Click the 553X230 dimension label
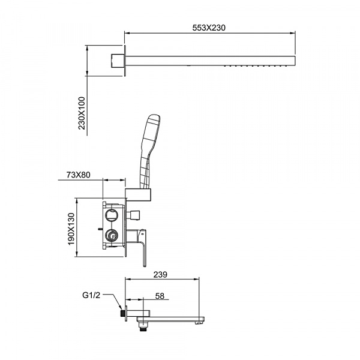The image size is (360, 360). coord(209,28)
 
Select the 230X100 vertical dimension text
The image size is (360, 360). coord(82,113)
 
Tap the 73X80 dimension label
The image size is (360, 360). coord(79,175)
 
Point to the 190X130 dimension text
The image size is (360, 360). coord(71,229)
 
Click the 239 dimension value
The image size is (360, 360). coord(160,274)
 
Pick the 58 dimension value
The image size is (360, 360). coord(160,296)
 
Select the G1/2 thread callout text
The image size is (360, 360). coord(91,295)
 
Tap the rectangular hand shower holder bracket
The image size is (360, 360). coord(138,194)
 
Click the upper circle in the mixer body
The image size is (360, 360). coord(112,215)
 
